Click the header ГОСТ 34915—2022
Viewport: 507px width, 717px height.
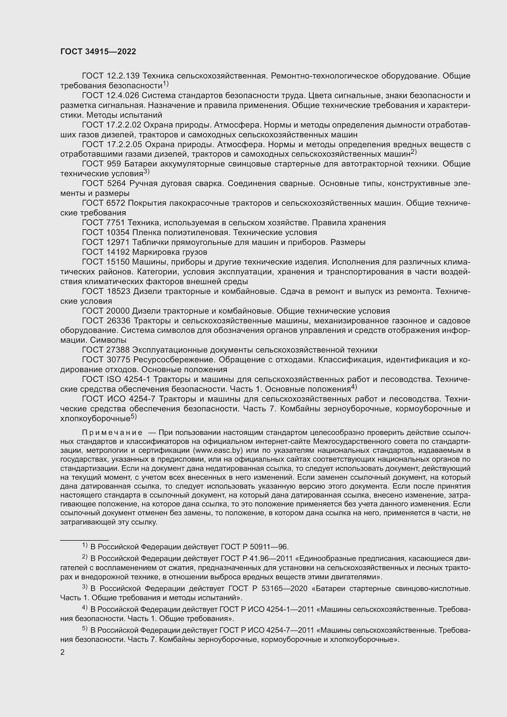pos(98,51)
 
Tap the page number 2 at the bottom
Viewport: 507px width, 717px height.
pos(63,652)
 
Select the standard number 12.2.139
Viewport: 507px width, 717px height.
pos(123,76)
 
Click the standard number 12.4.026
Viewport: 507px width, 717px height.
pos(123,96)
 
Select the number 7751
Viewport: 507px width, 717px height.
pos(116,223)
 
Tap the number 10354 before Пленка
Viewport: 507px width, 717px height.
pos(118,232)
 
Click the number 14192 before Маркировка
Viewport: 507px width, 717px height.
pos(118,252)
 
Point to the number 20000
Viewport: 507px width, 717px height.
pos(118,311)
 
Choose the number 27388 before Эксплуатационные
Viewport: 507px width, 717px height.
pos(118,350)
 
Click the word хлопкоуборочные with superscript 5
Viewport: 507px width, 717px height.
pos(95,418)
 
